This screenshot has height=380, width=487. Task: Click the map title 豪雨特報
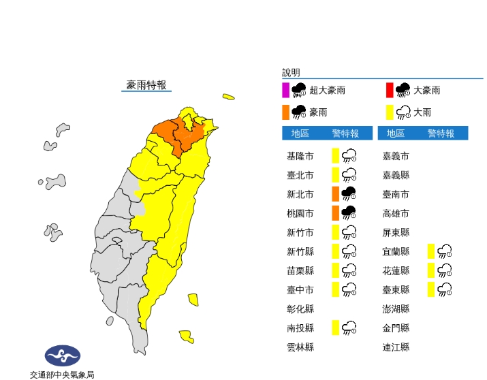[146, 85]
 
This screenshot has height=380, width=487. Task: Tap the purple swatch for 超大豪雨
[285, 90]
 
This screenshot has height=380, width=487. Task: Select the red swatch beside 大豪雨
[390, 90]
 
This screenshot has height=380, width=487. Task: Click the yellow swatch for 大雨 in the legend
[390, 112]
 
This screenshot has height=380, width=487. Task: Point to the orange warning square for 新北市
[336, 194]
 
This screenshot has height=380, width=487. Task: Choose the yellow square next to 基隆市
[336, 156]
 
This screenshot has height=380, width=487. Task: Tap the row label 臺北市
[300, 175]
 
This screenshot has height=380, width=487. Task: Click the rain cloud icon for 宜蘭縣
[446, 251]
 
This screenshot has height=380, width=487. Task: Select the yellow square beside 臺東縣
[431, 289]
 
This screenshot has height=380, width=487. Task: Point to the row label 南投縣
[300, 328]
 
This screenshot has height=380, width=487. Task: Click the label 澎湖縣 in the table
[396, 308]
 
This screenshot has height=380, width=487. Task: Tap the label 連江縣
[396, 347]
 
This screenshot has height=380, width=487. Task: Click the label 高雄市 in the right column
[396, 213]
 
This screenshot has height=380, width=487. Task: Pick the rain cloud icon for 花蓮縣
[446, 270]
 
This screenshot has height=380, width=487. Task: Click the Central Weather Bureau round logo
[62, 355]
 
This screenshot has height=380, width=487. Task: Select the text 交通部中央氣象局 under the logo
[62, 374]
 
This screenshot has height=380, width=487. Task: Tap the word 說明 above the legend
[291, 72]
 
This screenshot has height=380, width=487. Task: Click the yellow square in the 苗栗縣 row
[336, 270]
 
